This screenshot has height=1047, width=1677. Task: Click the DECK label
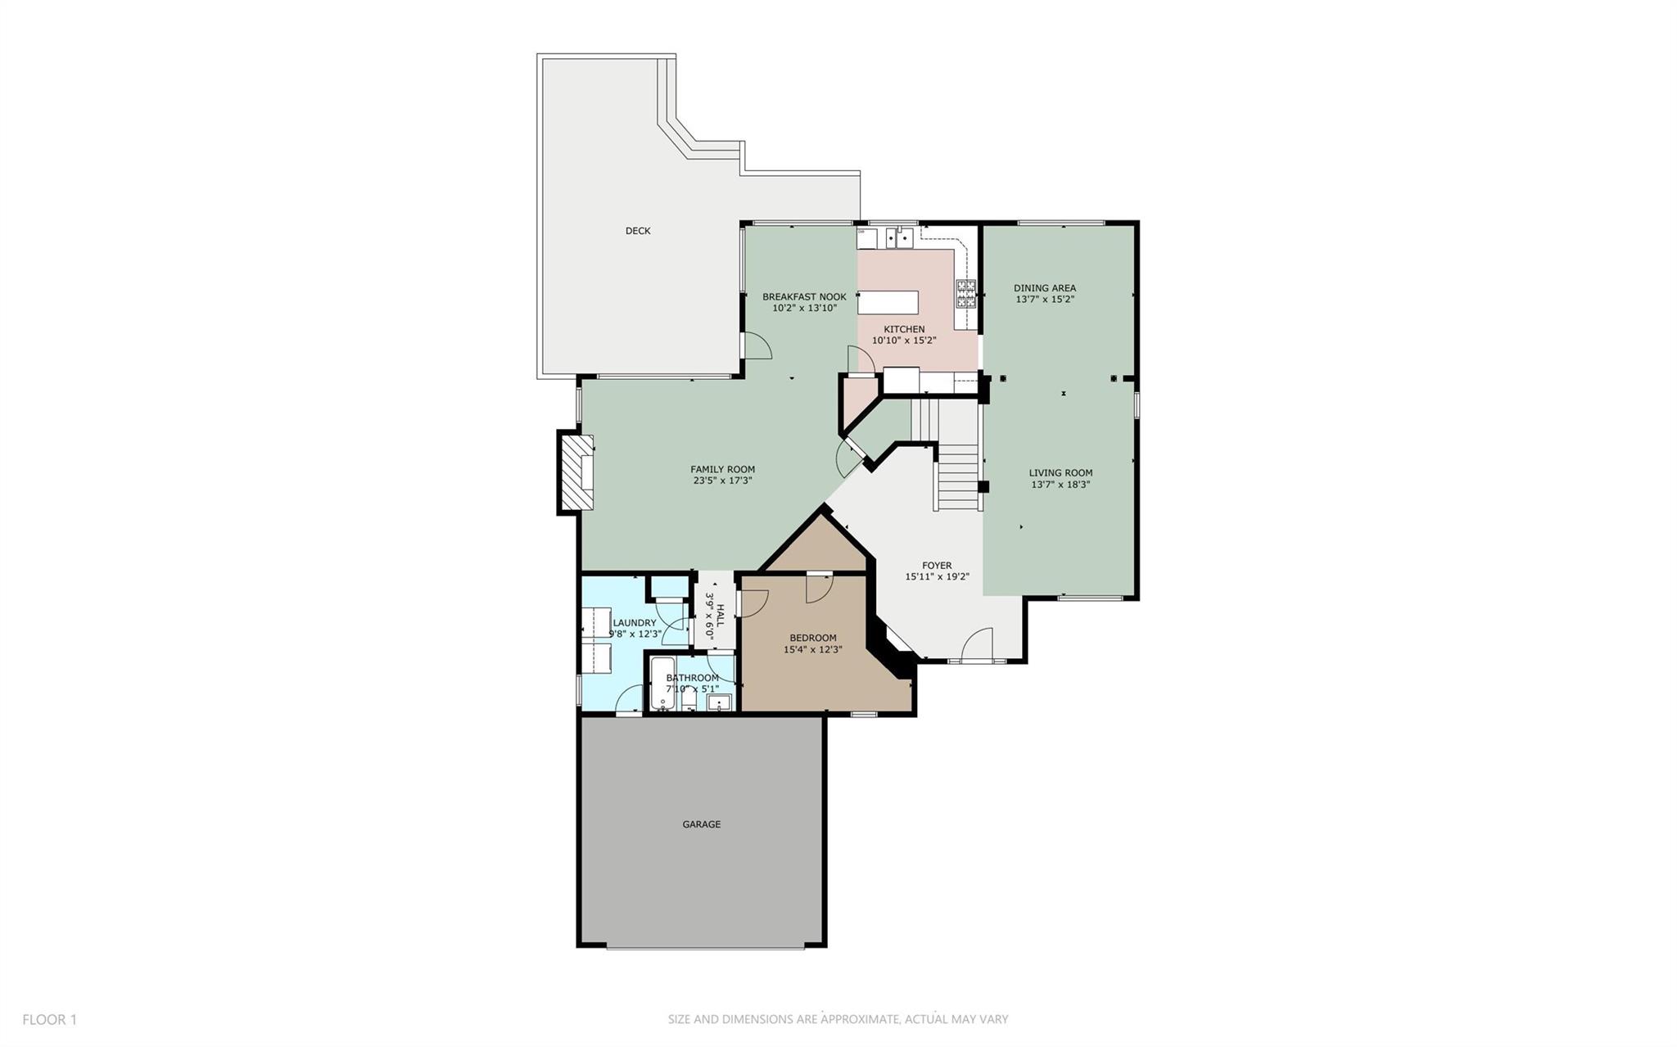pyautogui.click(x=638, y=231)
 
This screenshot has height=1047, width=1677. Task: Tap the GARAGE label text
pyautogui.click(x=702, y=824)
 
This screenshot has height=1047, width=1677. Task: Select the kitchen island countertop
pyautogui.click(x=888, y=302)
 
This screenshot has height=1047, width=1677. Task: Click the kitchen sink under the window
pyautogui.click(x=898, y=238)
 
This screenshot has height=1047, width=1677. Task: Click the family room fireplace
pyautogui.click(x=576, y=473)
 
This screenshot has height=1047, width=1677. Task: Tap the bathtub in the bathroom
pyautogui.click(x=662, y=684)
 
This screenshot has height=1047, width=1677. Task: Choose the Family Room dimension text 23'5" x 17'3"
pyautogui.click(x=722, y=481)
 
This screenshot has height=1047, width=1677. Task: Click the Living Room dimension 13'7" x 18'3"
pyautogui.click(x=1060, y=484)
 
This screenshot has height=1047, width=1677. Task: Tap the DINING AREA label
pyautogui.click(x=1045, y=288)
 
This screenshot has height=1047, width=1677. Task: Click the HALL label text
pyautogui.click(x=721, y=616)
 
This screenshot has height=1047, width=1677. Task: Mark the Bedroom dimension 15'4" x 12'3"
pyautogui.click(x=812, y=649)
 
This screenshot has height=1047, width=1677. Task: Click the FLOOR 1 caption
pyautogui.click(x=49, y=1019)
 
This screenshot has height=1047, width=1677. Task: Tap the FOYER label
pyautogui.click(x=937, y=566)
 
